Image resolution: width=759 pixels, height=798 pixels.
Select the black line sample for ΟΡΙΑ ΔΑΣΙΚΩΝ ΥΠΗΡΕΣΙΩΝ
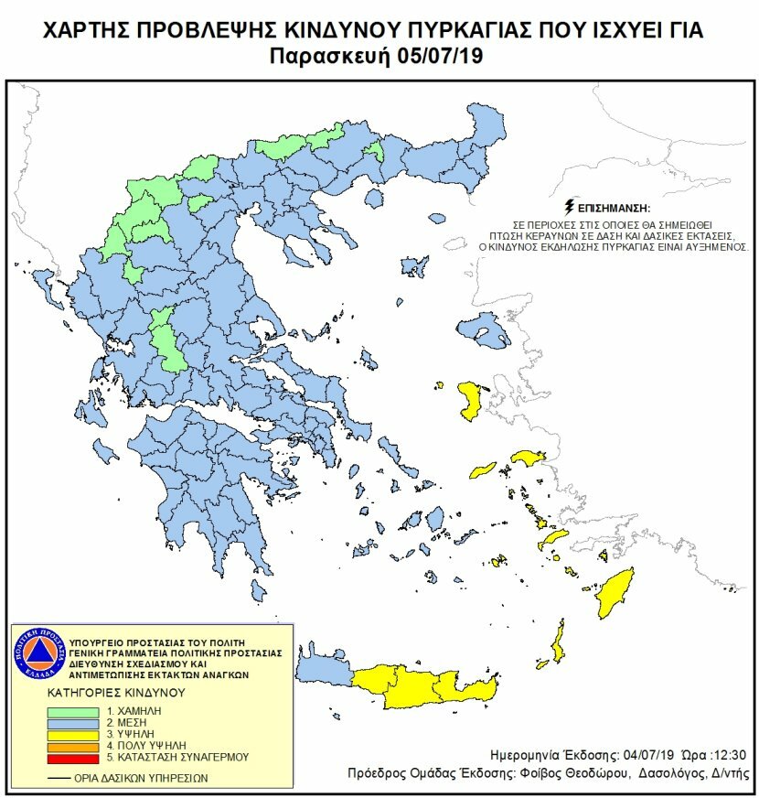pos(60,778)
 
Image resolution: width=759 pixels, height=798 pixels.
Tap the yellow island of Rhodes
pos(616,593)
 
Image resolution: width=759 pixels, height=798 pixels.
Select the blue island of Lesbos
pos(485,330)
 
